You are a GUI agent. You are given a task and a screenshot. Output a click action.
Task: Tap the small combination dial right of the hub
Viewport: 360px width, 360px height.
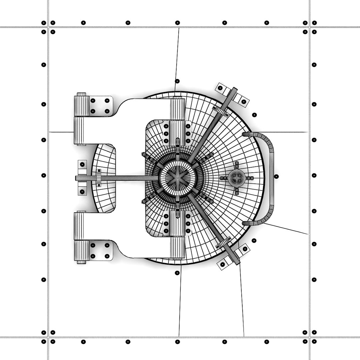click(237, 178)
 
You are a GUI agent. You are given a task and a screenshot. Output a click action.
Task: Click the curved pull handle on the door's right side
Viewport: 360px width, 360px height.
click(271, 178)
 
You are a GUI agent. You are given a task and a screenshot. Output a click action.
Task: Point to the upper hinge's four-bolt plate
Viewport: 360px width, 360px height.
click(100, 106)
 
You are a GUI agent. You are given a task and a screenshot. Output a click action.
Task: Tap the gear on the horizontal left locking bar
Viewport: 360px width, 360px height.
click(99, 178)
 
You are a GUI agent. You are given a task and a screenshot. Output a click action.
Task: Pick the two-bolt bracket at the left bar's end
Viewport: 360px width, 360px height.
click(82, 178)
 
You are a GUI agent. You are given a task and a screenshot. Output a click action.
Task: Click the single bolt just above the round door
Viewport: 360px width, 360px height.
click(177, 81)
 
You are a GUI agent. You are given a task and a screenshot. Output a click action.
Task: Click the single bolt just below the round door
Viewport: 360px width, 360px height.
click(177, 273)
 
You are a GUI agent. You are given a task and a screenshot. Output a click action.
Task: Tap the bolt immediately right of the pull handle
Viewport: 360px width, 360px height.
click(276, 176)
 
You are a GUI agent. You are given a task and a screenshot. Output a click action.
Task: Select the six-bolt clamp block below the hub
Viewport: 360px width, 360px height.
click(177, 223)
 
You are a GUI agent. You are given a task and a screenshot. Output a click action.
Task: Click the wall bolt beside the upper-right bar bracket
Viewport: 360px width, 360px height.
click(255, 115)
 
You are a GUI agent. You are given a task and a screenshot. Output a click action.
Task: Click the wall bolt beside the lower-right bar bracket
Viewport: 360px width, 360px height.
click(254, 240)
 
